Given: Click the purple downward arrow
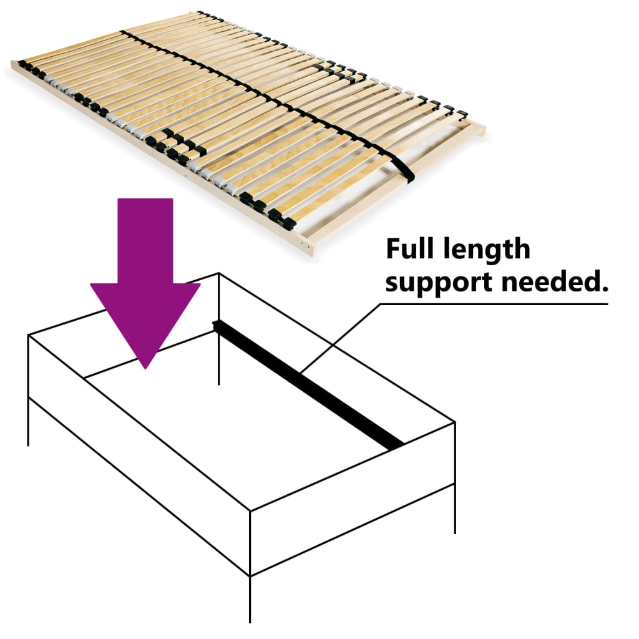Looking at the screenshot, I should (145, 268).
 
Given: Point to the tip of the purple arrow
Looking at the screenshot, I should (145, 367).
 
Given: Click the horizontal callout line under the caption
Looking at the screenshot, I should (493, 305).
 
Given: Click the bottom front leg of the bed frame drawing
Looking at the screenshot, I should (250, 599).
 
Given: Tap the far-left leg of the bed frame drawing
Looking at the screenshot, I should (29, 424).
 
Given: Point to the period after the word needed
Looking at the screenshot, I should (604, 290).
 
